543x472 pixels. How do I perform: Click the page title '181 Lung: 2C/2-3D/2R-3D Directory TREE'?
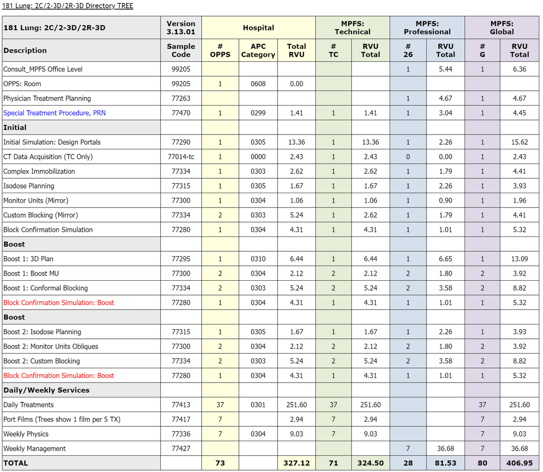[68, 6]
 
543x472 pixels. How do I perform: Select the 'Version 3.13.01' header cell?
[181, 28]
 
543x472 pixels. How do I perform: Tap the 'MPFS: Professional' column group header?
[427, 28]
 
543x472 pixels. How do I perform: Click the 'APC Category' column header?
[258, 50]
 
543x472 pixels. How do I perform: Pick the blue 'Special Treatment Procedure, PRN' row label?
[54, 113]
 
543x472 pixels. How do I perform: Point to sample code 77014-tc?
[181, 157]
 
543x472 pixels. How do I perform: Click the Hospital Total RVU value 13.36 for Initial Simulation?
[297, 142]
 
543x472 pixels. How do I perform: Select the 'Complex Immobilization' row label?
[39, 171]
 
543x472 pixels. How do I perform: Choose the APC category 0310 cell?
[258, 259]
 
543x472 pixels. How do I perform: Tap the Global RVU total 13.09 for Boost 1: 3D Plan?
[519, 259]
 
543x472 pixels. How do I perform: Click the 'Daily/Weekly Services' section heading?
[47, 390]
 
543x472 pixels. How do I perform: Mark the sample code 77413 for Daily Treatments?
[181, 405]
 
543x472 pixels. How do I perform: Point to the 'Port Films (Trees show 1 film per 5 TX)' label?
[62, 419]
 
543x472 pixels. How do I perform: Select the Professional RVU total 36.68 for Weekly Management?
[445, 448]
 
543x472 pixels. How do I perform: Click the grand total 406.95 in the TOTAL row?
[519, 463]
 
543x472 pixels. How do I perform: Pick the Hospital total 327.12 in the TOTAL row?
[297, 463]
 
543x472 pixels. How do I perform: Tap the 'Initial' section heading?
[15, 127]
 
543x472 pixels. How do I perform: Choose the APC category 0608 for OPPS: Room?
[258, 84]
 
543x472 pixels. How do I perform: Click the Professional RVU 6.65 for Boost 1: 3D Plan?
[445, 259]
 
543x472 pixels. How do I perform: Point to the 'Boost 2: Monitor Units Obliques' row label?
[51, 347]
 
